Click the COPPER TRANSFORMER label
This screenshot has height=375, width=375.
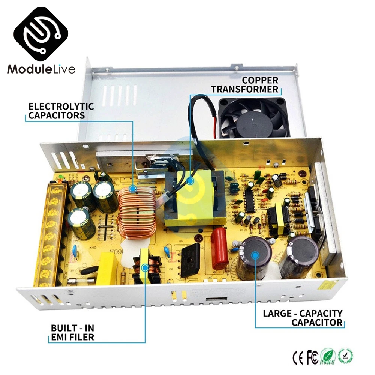pyautogui.click(x=245, y=84)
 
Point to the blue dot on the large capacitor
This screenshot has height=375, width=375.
pyautogui.click(x=255, y=255)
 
